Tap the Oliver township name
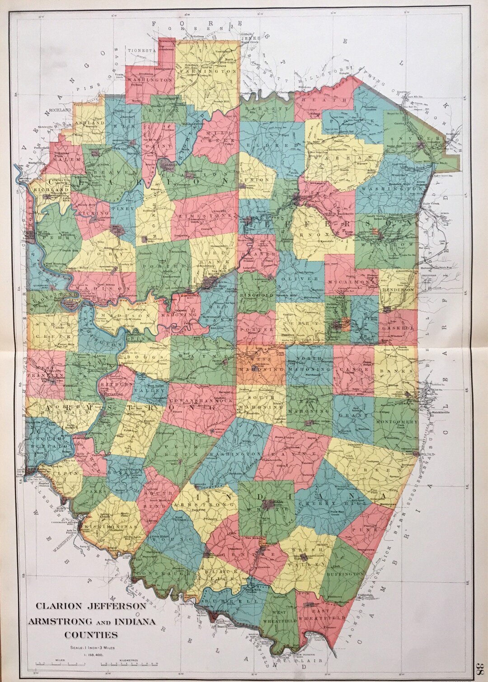pos(300,279)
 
